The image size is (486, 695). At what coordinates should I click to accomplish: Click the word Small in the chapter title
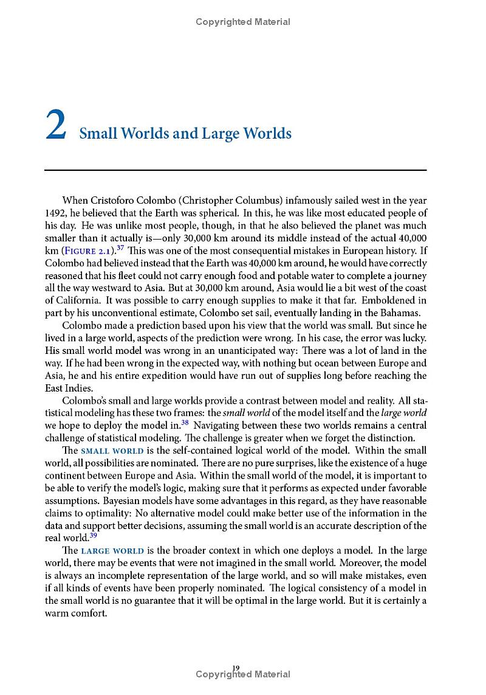[97, 134]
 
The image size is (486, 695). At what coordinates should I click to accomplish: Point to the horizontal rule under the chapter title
[236, 170]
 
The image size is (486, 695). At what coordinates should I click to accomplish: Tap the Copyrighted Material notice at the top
[243, 22]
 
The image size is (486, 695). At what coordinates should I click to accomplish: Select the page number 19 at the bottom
[236, 668]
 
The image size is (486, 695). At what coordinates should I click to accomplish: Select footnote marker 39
[93, 535]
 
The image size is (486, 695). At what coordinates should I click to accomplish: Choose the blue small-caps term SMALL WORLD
[112, 451]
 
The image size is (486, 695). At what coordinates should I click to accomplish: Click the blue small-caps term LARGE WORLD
[112, 551]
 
